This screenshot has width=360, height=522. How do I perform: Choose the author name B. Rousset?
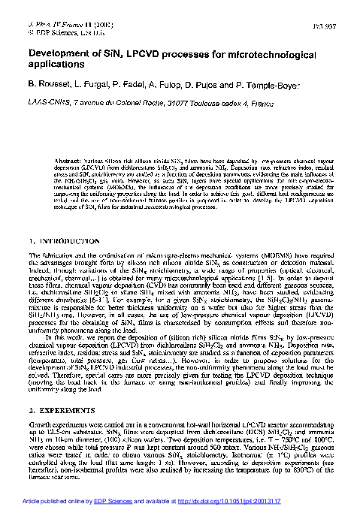click(x=51, y=87)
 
